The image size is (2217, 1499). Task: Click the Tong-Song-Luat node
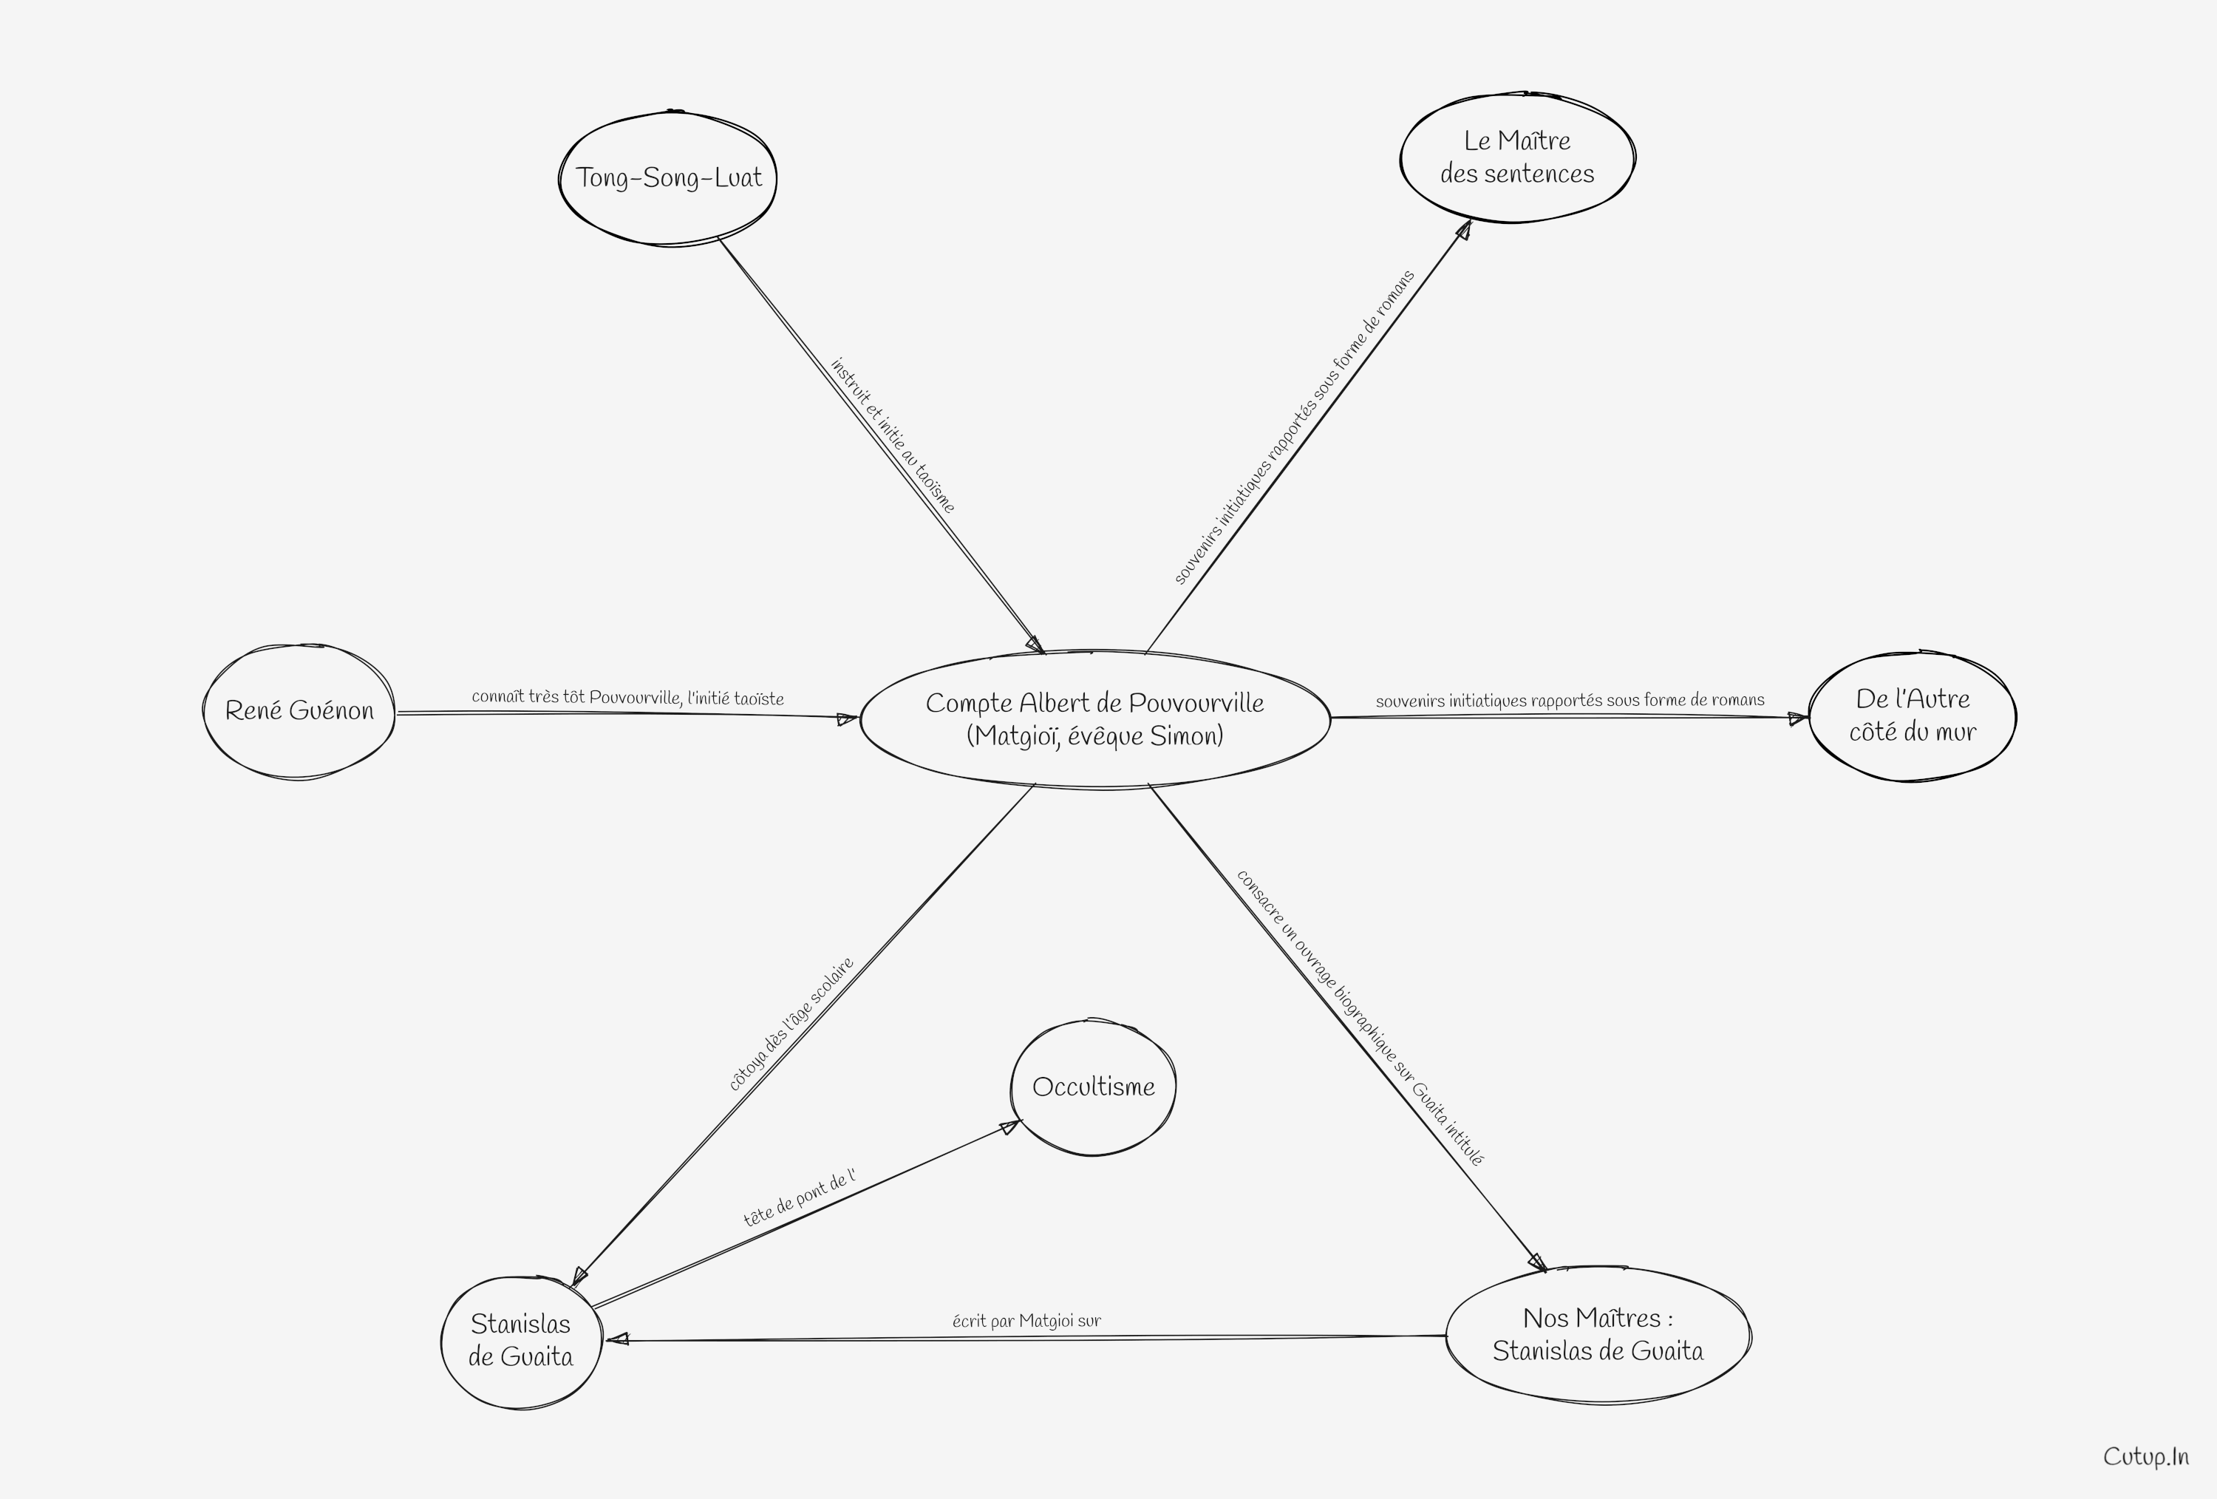(x=668, y=177)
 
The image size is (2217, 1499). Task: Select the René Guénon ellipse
(x=299, y=711)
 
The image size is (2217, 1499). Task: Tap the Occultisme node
(x=1093, y=1087)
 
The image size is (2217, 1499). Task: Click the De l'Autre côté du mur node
(x=1912, y=715)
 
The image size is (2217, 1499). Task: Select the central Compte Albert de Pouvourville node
(x=1095, y=719)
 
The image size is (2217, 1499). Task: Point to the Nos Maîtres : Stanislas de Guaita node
(x=1598, y=1334)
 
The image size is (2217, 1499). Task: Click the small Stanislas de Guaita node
(x=521, y=1341)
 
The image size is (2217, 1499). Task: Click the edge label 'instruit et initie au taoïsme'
(x=893, y=436)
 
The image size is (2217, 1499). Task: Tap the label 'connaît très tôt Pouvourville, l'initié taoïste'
(x=627, y=698)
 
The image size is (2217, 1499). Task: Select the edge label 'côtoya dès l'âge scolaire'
(x=791, y=1024)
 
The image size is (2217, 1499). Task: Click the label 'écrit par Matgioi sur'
(x=1026, y=1321)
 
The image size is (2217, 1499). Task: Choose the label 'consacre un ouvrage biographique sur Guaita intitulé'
(x=1360, y=1018)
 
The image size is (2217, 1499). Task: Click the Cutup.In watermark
(x=2146, y=1457)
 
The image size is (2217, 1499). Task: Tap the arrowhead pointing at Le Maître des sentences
(x=1463, y=230)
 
